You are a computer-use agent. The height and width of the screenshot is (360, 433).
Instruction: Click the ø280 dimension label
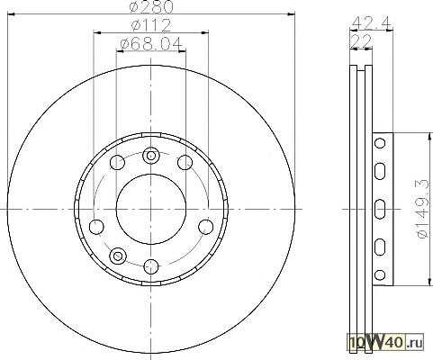151,6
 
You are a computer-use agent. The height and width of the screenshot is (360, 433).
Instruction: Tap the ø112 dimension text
151,25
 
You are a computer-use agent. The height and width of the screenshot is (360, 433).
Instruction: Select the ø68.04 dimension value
151,44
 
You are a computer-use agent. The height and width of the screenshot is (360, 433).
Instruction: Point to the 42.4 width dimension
371,22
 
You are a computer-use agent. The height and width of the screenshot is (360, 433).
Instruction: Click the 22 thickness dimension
361,41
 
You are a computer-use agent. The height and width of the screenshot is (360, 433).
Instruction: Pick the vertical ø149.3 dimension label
422,209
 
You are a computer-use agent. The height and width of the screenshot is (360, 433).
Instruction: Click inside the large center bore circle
151,209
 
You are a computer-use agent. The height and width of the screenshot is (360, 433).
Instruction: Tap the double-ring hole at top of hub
151,156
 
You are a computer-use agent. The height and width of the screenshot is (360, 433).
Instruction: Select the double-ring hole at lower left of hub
118,256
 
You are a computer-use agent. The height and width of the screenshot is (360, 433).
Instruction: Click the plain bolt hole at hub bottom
151,266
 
